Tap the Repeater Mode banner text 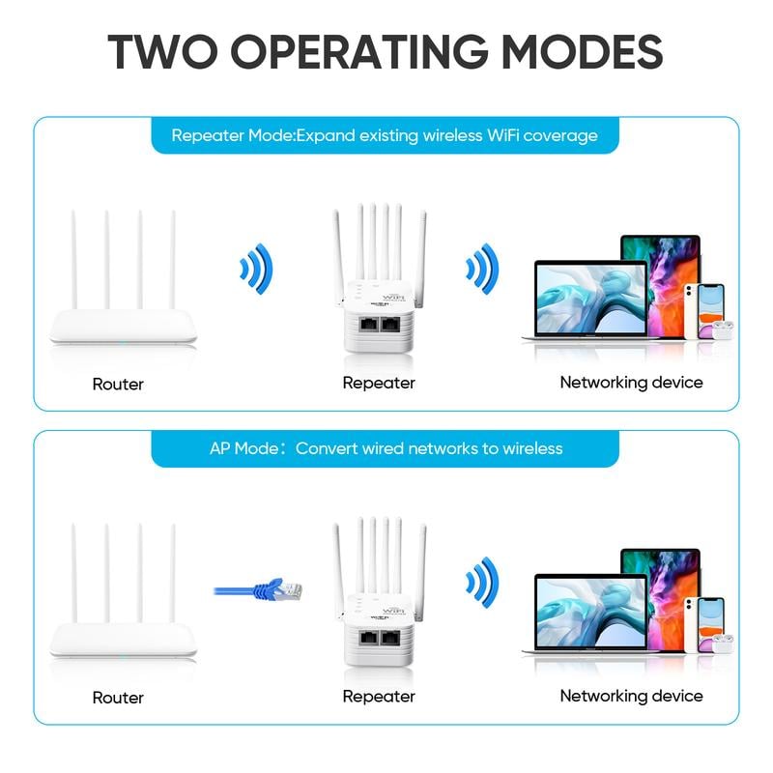(x=385, y=135)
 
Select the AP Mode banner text (x=386, y=448)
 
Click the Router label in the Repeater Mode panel (x=118, y=384)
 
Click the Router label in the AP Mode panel (x=118, y=697)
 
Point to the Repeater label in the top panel (x=379, y=383)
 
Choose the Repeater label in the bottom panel (x=379, y=696)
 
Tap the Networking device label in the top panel (x=631, y=383)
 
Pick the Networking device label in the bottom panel (x=631, y=696)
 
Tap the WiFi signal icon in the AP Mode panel (x=480, y=581)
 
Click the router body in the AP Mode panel (x=124, y=640)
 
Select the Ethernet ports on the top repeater (x=380, y=327)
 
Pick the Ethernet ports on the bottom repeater (x=380, y=640)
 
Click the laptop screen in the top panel (x=590, y=299)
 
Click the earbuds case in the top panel (x=723, y=329)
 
